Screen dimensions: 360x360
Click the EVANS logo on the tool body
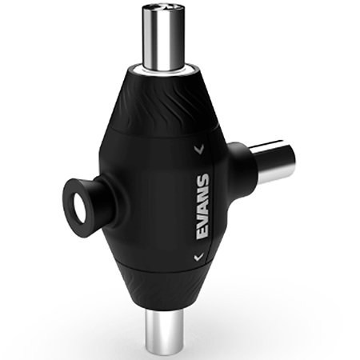click(202, 206)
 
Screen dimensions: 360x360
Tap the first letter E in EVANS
click(202, 234)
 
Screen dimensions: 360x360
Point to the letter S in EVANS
click(202, 179)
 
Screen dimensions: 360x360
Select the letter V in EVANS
click(202, 220)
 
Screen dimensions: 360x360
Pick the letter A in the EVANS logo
click(202, 207)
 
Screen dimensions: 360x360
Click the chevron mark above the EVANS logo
click(199, 149)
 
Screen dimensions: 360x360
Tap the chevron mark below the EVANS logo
click(198, 257)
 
